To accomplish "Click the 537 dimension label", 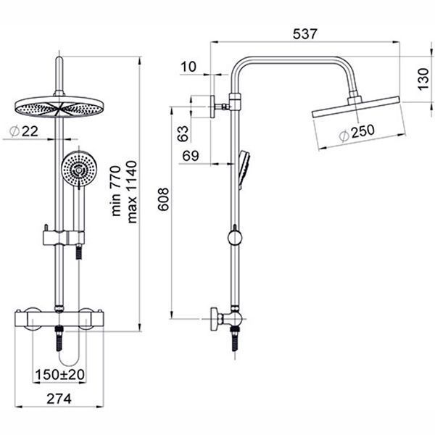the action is point(304,34).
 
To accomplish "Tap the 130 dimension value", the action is point(423,79).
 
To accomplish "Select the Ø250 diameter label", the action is point(357,133).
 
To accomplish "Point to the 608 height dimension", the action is point(163,199).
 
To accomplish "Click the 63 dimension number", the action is point(183,133).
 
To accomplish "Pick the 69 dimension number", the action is point(191,156).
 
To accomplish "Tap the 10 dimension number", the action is point(188,67).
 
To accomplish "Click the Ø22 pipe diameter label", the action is point(24,131).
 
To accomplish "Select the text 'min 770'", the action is point(116,191).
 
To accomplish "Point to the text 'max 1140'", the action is point(133,192).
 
